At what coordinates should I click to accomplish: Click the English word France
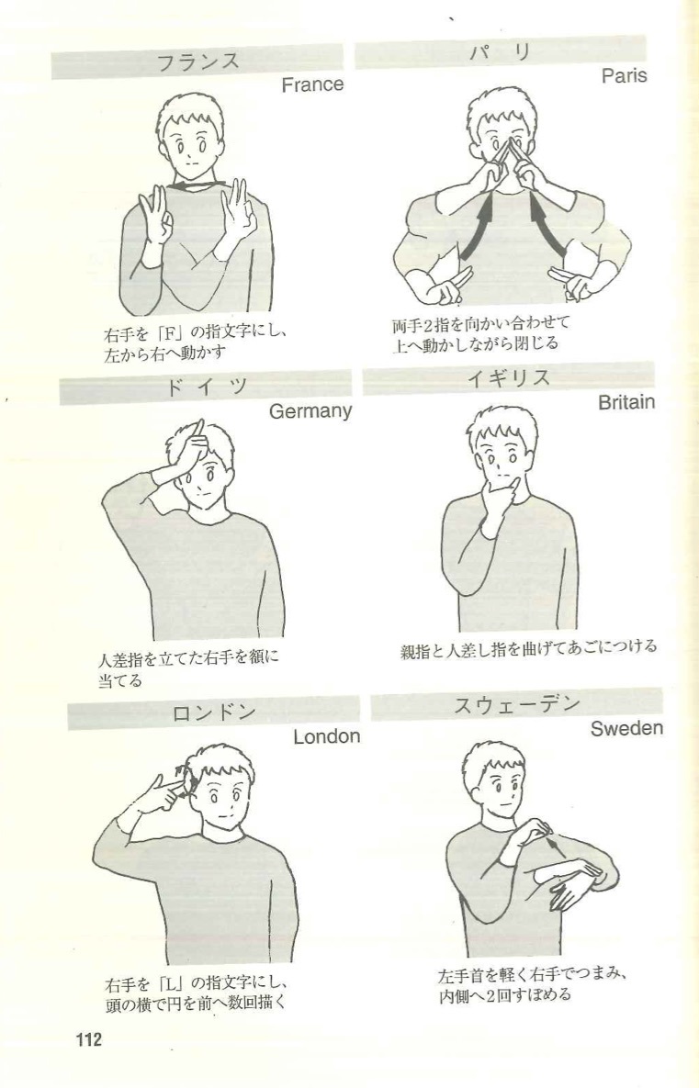point(312,85)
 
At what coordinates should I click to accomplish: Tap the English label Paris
point(624,76)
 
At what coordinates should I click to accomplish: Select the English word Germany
point(310,412)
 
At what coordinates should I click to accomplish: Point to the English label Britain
point(626,402)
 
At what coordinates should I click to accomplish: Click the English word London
point(326,736)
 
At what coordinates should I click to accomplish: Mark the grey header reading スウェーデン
point(516,705)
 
